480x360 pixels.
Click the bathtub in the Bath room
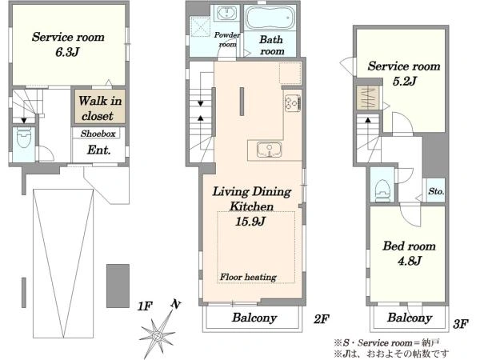click(270, 18)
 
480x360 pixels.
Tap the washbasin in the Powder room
click(227, 13)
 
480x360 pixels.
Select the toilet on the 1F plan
click(24, 138)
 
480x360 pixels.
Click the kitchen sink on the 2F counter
click(269, 150)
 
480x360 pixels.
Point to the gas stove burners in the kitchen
click(293, 102)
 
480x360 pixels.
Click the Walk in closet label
click(100, 108)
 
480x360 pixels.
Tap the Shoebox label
click(98, 134)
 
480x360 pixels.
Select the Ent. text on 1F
click(98, 150)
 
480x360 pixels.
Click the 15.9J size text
click(250, 222)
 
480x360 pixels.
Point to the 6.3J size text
click(67, 52)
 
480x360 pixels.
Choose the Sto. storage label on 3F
click(436, 192)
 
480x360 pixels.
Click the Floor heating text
click(248, 278)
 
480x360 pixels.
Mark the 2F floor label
click(321, 319)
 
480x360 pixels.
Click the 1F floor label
click(145, 306)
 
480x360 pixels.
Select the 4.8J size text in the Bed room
click(410, 261)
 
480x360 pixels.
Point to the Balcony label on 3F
click(410, 318)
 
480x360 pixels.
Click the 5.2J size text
click(404, 81)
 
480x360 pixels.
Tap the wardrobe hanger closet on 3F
click(367, 98)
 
